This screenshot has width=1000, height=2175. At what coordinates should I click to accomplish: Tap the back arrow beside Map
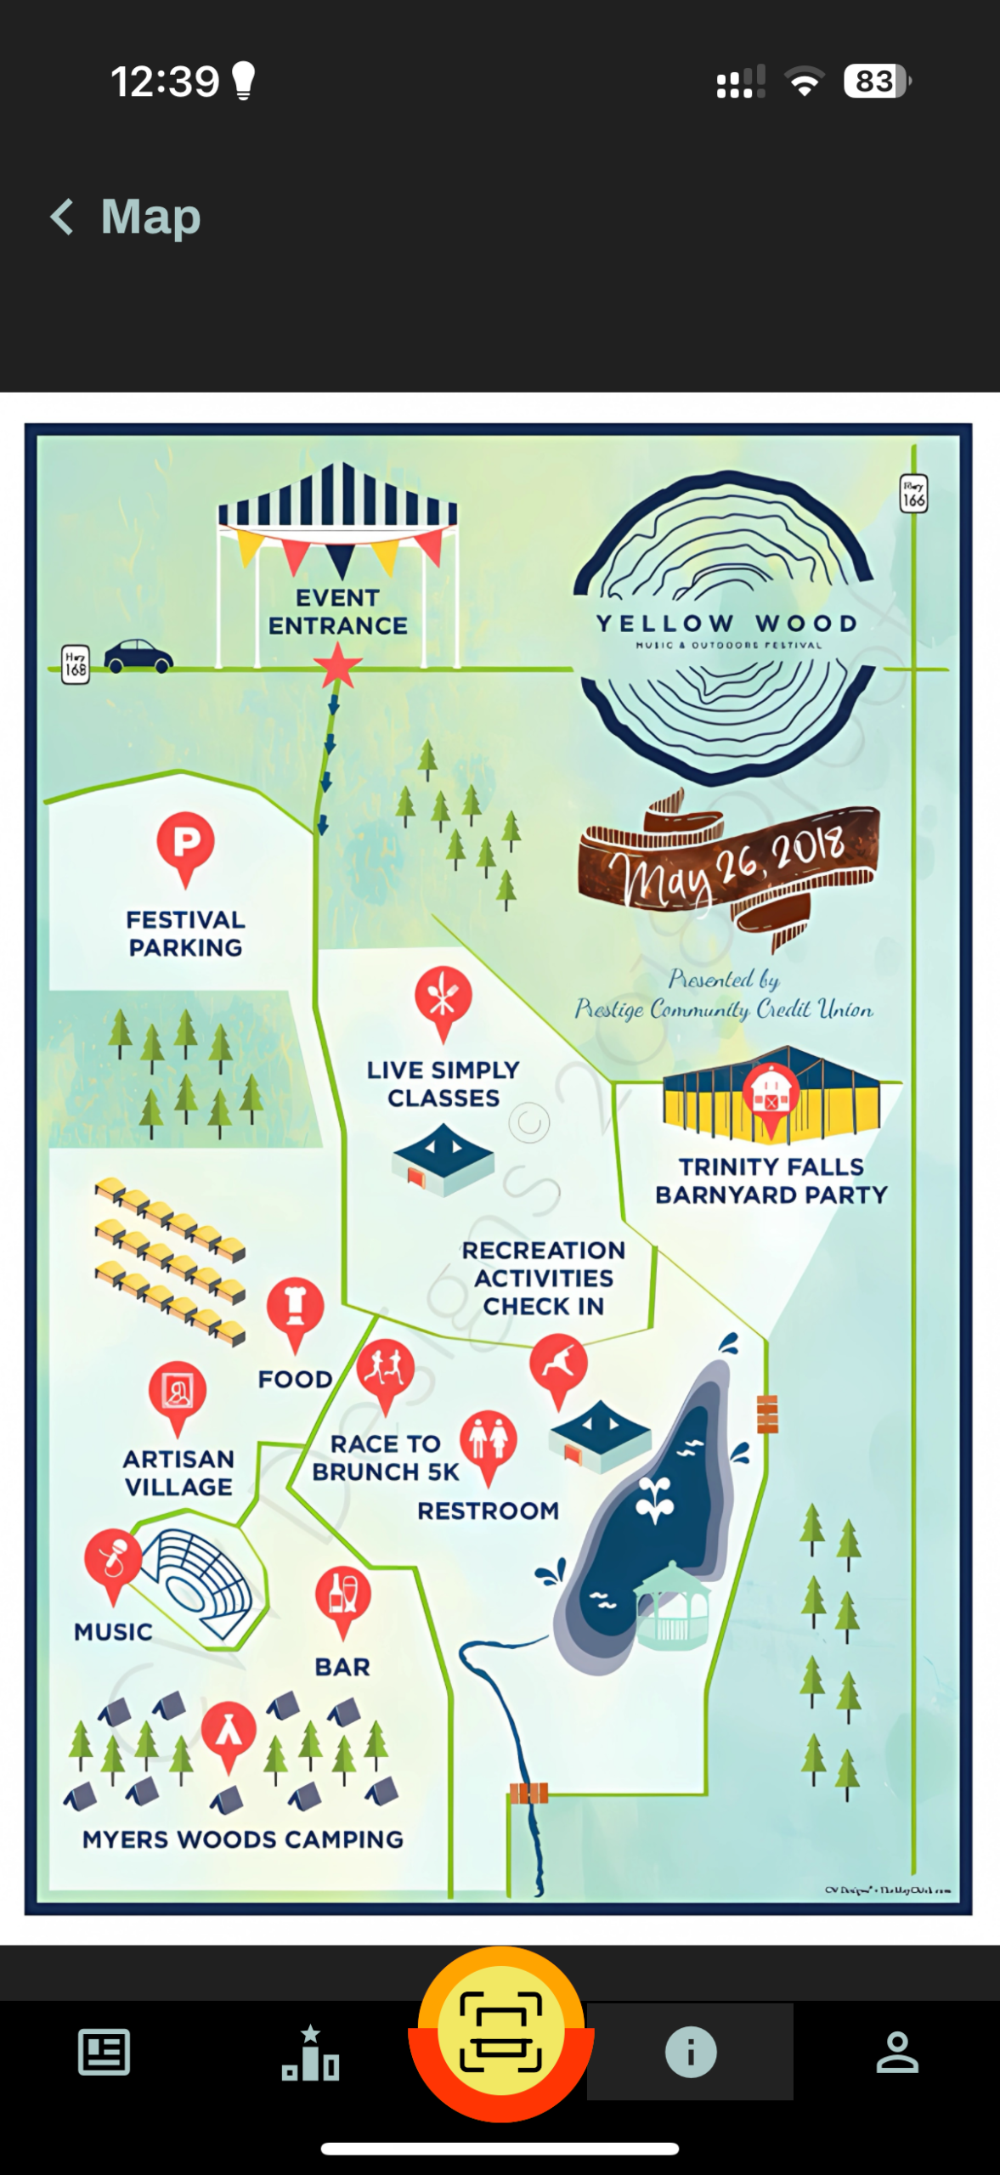point(62,217)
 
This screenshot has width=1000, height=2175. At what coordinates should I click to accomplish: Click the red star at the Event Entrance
point(338,665)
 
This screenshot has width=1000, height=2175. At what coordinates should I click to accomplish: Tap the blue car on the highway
point(138,656)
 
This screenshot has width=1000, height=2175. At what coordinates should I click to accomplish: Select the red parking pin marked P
point(185,845)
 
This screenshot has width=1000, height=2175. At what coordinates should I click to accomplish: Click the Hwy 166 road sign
point(913,494)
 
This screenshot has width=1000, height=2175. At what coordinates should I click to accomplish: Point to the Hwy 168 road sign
point(76,664)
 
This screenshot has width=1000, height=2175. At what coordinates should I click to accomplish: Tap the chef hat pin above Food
point(295,1308)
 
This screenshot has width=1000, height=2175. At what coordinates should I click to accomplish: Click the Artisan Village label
point(178,1472)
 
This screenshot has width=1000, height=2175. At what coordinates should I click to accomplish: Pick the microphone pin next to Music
point(112,1560)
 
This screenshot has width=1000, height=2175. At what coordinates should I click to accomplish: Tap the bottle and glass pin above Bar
point(342,1596)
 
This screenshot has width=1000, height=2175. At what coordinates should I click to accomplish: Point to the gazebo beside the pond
point(672,1606)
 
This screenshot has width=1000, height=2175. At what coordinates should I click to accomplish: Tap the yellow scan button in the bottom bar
point(500,2032)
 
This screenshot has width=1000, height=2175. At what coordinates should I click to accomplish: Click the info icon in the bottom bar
point(690,2053)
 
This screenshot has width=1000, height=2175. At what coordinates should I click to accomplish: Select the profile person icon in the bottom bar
point(897,2053)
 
